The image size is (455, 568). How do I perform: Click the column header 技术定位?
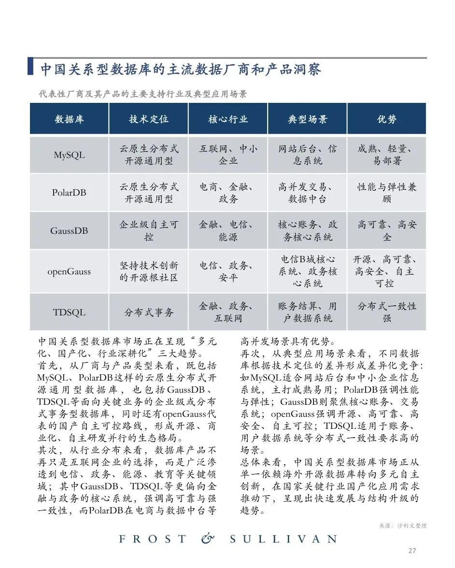pyautogui.click(x=148, y=119)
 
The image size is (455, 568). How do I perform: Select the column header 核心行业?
pyautogui.click(x=227, y=119)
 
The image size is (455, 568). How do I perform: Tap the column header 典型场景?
pyautogui.click(x=307, y=119)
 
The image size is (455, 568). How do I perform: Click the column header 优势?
pyautogui.click(x=386, y=119)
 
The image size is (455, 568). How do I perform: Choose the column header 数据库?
pyautogui.click(x=69, y=119)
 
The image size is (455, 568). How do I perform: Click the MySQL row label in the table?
pyautogui.click(x=69, y=155)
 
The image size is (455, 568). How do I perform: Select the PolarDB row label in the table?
pyautogui.click(x=69, y=192)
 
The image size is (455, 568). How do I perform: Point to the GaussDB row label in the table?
pyautogui.click(x=69, y=230)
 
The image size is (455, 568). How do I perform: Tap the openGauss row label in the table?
pyautogui.click(x=69, y=271)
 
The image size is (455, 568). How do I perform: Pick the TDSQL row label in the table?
pyautogui.click(x=69, y=312)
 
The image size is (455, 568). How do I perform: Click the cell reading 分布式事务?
pyautogui.click(x=148, y=312)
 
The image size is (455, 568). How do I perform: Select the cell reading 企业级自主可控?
pyautogui.click(x=148, y=231)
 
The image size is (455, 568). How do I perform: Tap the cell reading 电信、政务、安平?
pyautogui.click(x=227, y=271)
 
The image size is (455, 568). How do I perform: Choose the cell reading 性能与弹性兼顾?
pyautogui.click(x=386, y=193)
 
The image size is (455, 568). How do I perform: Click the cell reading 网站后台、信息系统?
pyautogui.click(x=307, y=155)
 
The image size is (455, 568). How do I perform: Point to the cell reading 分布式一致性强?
pyautogui.click(x=386, y=312)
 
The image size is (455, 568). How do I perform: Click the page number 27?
pyautogui.click(x=412, y=550)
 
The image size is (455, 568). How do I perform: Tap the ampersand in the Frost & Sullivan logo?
pyautogui.click(x=207, y=539)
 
